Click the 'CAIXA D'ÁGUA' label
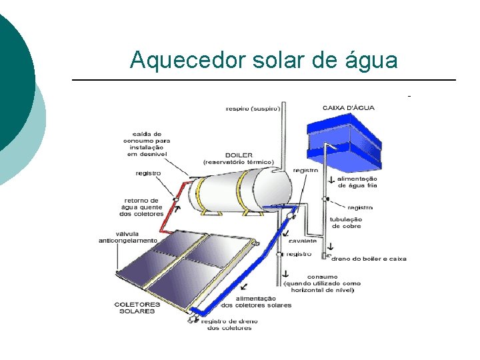coord(349,107)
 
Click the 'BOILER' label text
coord(238,155)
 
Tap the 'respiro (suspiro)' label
coord(253,108)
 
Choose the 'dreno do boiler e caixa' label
coord(369,259)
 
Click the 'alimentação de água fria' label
coord(357,182)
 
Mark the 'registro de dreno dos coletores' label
coord(230,325)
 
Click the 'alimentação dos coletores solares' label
coord(256,302)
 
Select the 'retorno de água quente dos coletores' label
coord(143,207)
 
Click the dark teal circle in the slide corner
coord(10,80)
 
